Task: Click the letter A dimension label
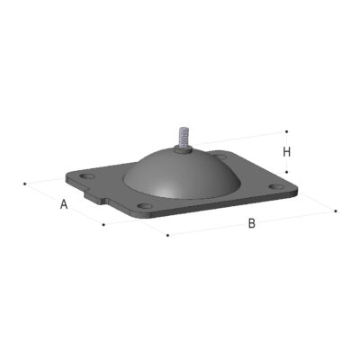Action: click(64, 204)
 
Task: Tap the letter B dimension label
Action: click(252, 223)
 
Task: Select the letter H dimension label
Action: click(287, 152)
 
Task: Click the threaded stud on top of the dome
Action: click(184, 137)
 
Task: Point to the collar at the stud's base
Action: click(184, 148)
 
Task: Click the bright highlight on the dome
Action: click(163, 191)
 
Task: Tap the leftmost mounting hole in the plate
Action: click(86, 176)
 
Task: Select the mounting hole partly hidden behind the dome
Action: click(221, 157)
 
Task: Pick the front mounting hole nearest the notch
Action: click(145, 206)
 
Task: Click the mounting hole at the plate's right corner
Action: click(276, 186)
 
